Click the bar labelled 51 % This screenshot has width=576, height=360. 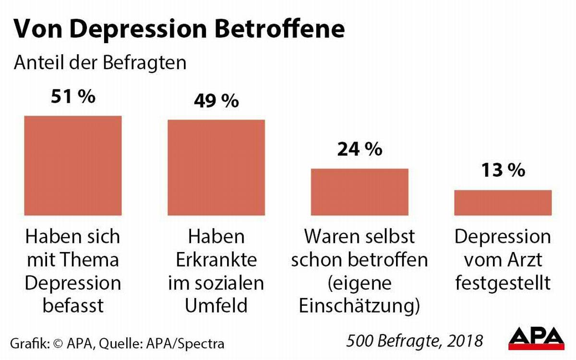click(x=72, y=166)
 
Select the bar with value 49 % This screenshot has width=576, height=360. click(x=216, y=167)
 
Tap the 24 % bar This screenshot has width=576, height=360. click(x=360, y=192)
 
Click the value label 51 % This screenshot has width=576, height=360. click(x=73, y=97)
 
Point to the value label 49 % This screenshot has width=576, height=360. click(x=216, y=101)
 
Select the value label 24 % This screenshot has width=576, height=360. click(x=360, y=149)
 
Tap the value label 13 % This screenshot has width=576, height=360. click(x=503, y=170)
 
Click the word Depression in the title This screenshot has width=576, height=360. click(x=143, y=30)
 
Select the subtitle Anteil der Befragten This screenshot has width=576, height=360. click(x=100, y=63)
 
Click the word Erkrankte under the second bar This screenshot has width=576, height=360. click(x=216, y=260)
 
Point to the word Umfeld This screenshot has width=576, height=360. click(x=216, y=305)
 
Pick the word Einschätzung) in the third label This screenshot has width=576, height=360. click(x=360, y=305)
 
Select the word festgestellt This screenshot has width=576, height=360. click(x=503, y=282)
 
